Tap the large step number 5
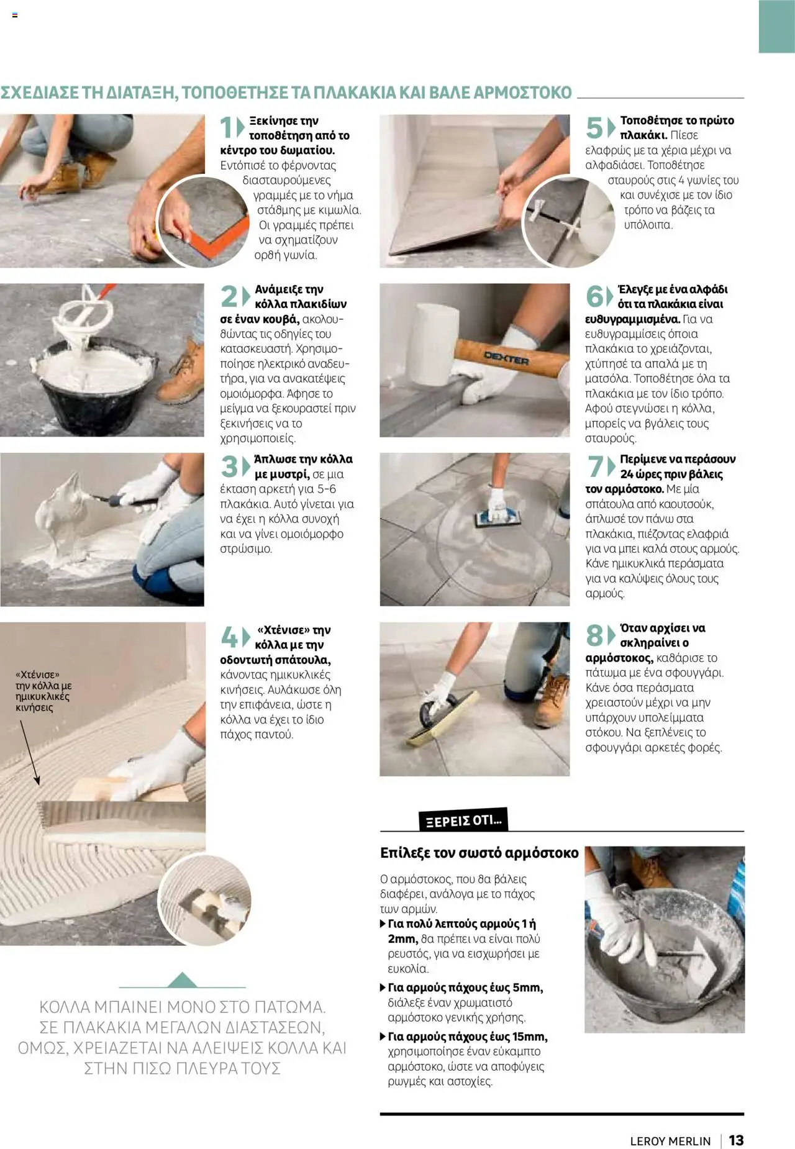[594, 128]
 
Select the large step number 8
[594, 635]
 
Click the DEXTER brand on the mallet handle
[506, 359]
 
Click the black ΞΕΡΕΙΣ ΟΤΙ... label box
[463, 820]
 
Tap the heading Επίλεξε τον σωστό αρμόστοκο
[479, 853]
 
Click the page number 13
[736, 1140]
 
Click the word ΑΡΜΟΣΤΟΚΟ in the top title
[522, 93]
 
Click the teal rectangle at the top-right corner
[776, 26]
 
